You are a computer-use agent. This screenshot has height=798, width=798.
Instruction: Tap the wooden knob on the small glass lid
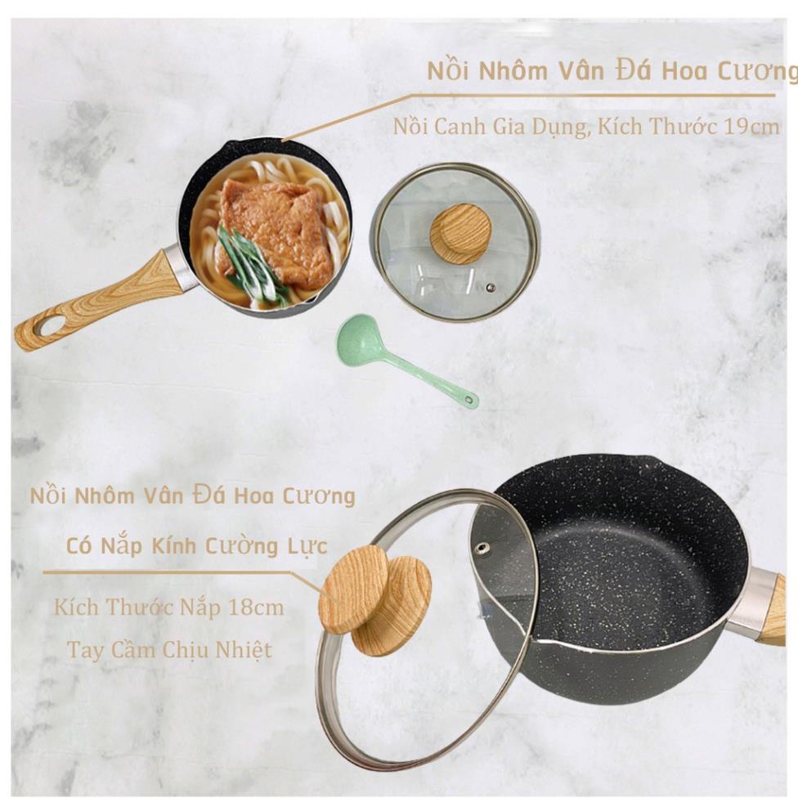tap(460, 232)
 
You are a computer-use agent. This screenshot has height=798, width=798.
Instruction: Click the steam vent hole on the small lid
tap(491, 287)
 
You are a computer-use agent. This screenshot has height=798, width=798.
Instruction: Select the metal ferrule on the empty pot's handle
tap(753, 603)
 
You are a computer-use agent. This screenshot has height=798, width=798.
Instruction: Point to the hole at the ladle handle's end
tap(471, 401)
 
